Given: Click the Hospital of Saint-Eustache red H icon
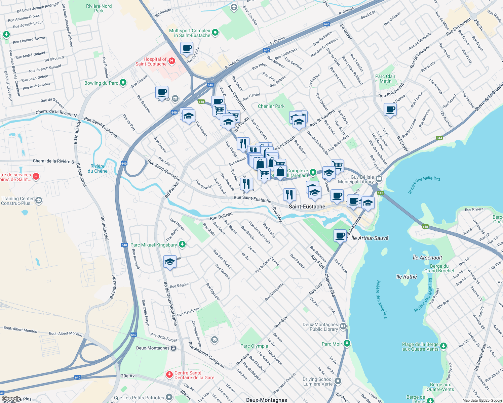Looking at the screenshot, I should pos(171,61).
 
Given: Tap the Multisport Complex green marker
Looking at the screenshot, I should pos(215,33).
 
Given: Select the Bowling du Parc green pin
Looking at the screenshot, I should pos(123,82).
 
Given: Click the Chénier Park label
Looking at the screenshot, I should pos(271,106).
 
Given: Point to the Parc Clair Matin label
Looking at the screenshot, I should pos(385,79).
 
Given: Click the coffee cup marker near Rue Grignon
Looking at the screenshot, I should pos(187,48).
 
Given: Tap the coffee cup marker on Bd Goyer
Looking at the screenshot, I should pos(390,109).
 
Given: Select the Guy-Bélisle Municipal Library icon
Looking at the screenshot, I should pos(379,179).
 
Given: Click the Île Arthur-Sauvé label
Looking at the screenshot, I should pos(370,238).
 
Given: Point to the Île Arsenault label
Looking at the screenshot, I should pos(427,258).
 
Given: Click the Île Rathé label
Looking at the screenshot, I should pos(407,277).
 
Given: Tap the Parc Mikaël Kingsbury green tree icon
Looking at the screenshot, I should pos(182,244).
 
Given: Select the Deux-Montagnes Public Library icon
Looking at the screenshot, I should pos(343,326).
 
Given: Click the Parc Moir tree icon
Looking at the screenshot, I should pos(347,343).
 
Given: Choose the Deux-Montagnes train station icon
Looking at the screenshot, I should pos(173,348).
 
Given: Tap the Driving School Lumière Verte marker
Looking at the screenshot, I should pos(338,381).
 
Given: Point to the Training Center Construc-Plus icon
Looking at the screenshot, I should pos(39,200).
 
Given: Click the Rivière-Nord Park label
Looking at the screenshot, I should pos(99,8).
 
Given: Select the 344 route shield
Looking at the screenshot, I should pos(439,138).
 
